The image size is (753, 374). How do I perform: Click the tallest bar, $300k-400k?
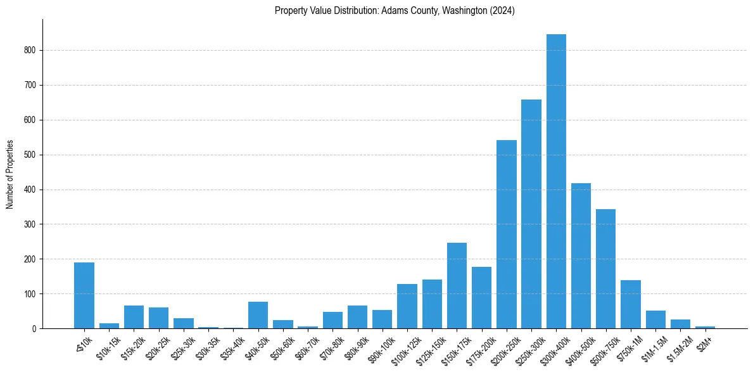[x=556, y=181]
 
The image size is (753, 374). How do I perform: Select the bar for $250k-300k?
[x=531, y=214]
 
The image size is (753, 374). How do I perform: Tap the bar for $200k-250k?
[x=507, y=235]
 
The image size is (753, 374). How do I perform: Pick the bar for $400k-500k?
[x=581, y=256]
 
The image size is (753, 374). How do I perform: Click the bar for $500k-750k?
[x=605, y=269]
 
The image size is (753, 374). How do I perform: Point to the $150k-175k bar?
[x=457, y=286]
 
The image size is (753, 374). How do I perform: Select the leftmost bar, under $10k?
[x=84, y=295]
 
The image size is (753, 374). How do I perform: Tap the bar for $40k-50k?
[x=258, y=315]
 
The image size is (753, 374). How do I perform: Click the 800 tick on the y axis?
[x=32, y=50]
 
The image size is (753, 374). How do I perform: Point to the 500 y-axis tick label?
[x=32, y=155]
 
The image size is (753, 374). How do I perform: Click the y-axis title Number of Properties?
[x=10, y=174]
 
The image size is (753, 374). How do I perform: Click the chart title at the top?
[x=395, y=11]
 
